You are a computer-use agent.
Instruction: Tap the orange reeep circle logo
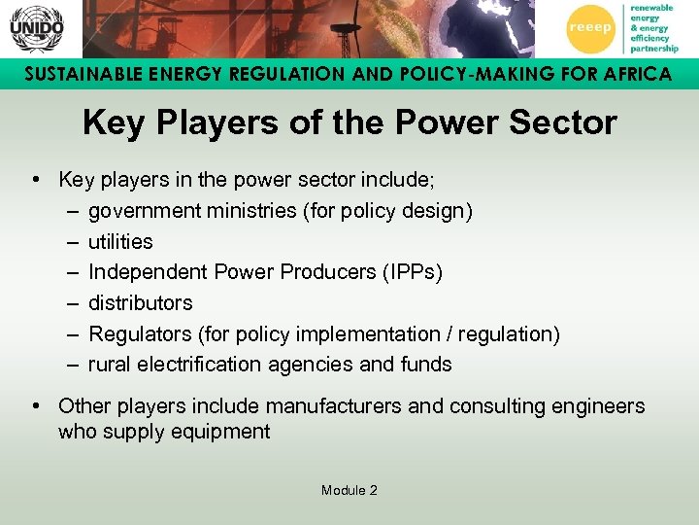[x=590, y=28]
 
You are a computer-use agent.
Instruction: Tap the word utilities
[x=120, y=241]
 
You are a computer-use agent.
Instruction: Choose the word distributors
[x=140, y=302]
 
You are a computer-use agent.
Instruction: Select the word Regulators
[x=140, y=333]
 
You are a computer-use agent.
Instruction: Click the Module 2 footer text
[x=349, y=490]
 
